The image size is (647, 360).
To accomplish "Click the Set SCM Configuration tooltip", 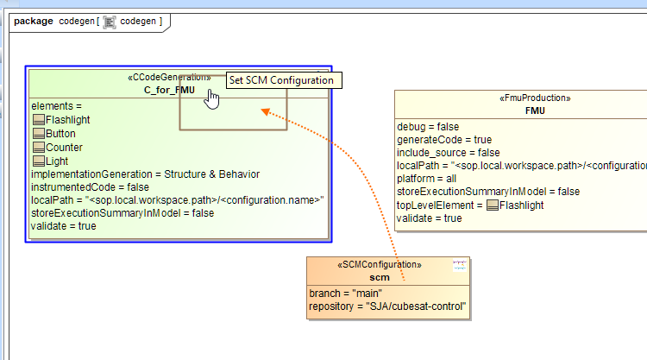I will pos(280,80).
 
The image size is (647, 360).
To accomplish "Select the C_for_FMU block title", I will pos(168,89).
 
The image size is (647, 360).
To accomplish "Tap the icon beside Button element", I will pos(38,134).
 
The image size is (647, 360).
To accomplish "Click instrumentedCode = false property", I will pos(90,186).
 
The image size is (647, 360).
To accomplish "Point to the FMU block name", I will pos(534,111).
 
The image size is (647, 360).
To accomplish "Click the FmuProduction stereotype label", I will pos(534,98).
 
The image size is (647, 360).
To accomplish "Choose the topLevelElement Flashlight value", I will pos(523,205).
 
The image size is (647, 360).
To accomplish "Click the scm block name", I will pos(380,277).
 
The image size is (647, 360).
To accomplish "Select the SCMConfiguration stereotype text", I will pos(380,265).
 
